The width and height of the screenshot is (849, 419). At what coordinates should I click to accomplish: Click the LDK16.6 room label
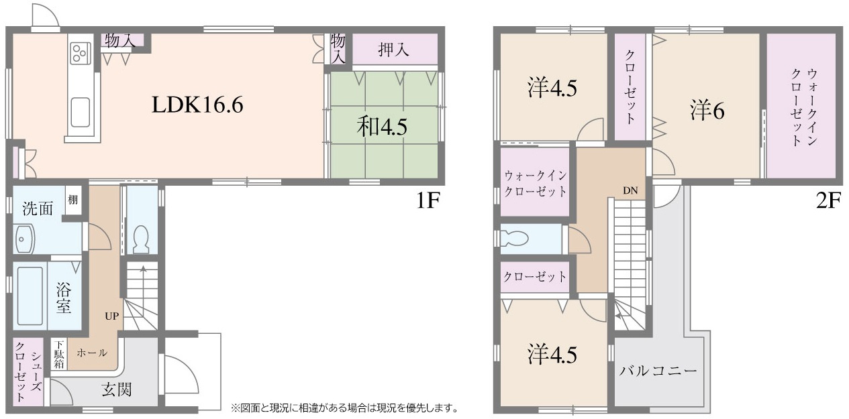coord(197,105)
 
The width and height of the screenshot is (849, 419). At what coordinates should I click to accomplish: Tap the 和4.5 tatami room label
coord(382,127)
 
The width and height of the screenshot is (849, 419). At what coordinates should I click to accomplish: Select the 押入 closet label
coord(394,50)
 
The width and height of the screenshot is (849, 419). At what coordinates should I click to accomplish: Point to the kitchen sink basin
coord(81,113)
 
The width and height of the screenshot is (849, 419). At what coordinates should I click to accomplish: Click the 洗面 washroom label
coord(38,208)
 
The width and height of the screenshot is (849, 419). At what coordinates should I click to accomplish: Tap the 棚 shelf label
coord(72,199)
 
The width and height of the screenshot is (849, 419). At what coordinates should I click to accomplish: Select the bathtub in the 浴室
coord(30,296)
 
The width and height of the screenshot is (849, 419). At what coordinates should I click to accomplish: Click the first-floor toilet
coord(142,239)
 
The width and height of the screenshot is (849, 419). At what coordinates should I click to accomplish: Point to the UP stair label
coord(112,316)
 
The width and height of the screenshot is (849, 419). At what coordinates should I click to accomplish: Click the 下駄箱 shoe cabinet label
coord(59,354)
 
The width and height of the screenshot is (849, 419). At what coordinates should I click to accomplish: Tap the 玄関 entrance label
coord(117,390)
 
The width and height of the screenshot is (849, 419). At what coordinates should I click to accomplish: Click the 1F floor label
coord(428,200)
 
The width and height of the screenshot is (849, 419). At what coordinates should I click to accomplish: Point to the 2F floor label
coord(829,200)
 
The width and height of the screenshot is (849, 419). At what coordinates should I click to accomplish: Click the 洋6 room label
coord(707,111)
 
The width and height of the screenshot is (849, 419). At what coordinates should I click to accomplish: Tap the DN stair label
coord(630,190)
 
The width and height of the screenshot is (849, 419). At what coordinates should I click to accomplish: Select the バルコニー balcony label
coord(658,370)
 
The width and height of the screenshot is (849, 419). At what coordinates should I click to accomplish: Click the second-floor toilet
coord(514,239)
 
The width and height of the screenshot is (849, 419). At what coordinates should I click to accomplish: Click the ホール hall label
coord(92,353)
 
